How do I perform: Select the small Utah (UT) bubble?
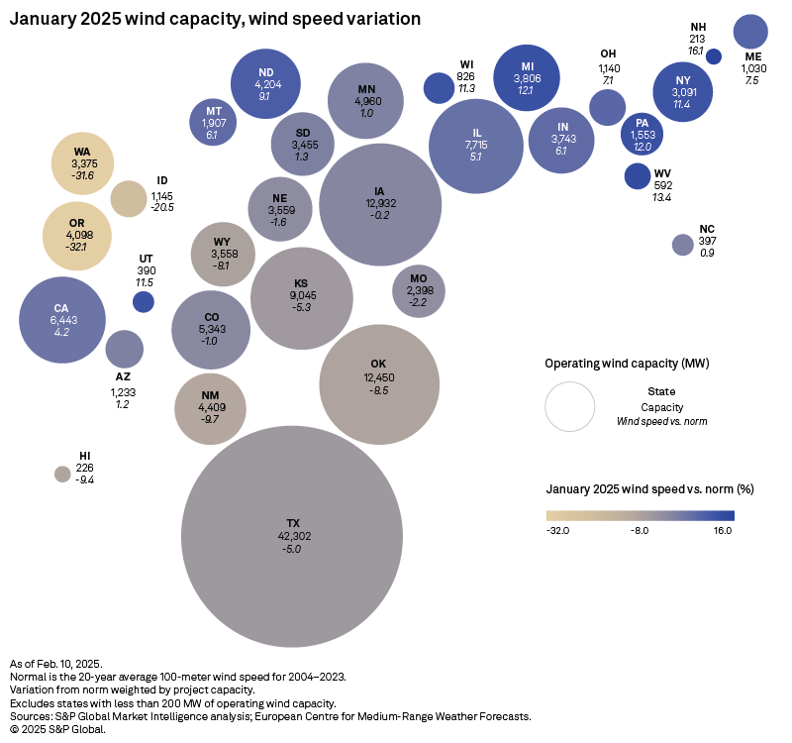tap(144, 302)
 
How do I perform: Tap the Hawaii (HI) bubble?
tap(62, 474)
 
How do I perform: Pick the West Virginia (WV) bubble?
tap(638, 176)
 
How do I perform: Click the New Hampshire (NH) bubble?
tap(713, 56)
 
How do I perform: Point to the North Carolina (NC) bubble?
tap(682, 245)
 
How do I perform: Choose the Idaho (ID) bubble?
tap(128, 198)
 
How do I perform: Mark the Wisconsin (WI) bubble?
tap(438, 88)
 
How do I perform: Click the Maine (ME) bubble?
tap(751, 32)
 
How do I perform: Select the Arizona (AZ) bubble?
tap(124, 349)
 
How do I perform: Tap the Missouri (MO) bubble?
tap(419, 290)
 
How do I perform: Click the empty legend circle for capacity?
tap(569, 406)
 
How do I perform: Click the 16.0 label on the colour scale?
tap(722, 531)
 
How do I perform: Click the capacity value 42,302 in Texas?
tap(292, 536)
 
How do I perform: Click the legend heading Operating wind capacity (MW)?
tap(627, 364)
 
